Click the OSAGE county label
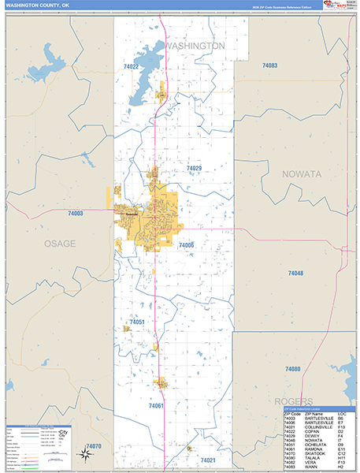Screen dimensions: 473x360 click(x=60, y=244)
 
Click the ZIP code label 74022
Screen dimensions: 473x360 click(x=131, y=67)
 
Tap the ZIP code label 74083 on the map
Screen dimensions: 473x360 click(x=269, y=65)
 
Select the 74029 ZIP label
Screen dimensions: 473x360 click(x=194, y=169)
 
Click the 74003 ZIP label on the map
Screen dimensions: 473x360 click(x=76, y=214)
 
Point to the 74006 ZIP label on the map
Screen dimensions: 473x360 click(x=186, y=245)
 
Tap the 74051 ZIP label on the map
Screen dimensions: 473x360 click(x=137, y=322)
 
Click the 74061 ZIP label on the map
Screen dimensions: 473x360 click(x=155, y=405)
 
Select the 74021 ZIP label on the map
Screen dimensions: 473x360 click(x=208, y=460)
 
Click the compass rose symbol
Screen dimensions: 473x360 click(x=84, y=453)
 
